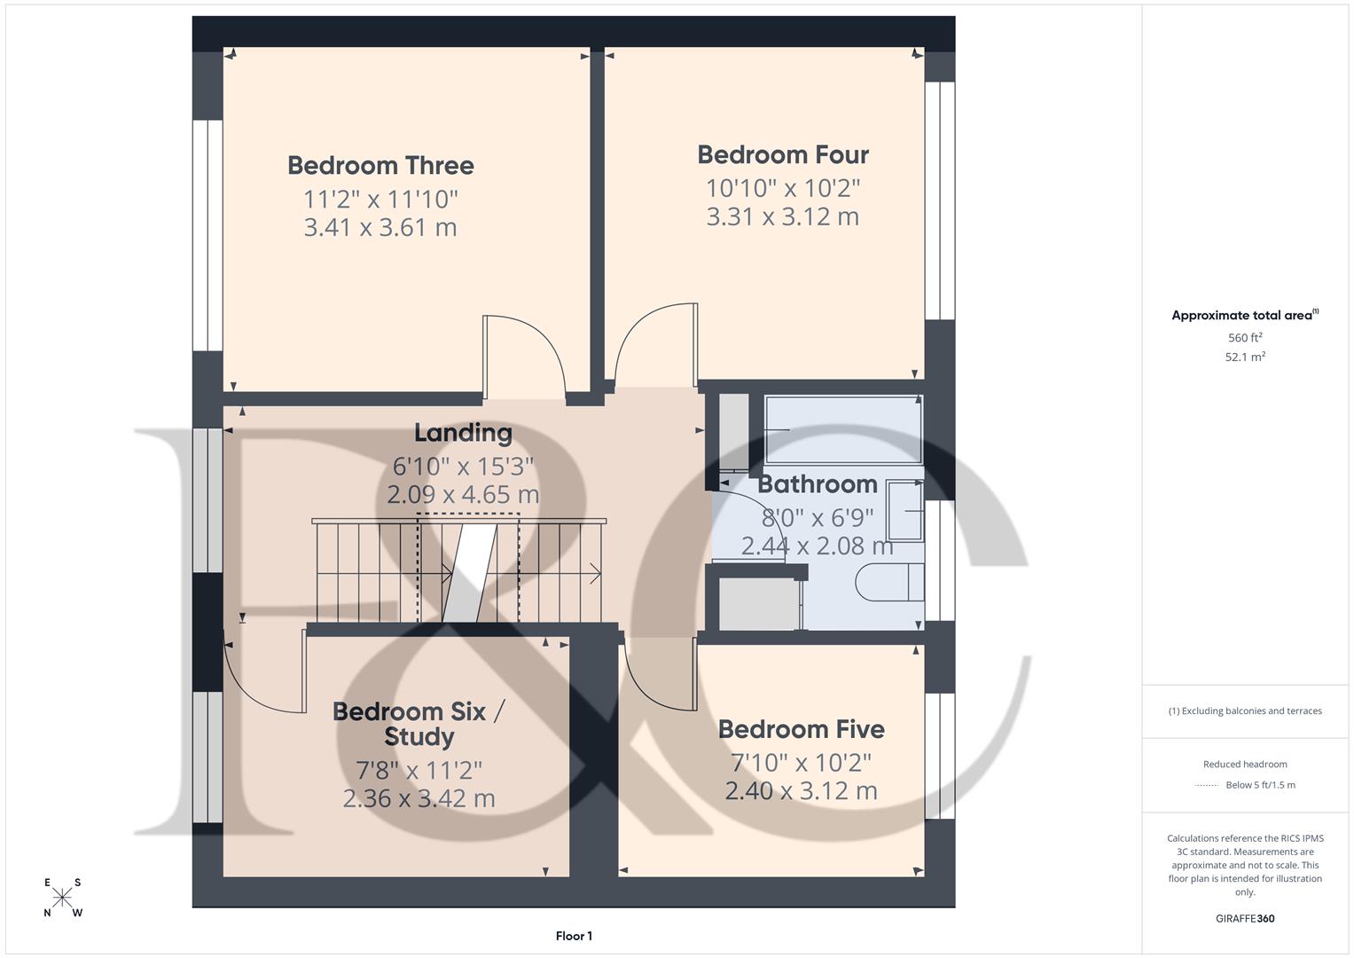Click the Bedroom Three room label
pyautogui.click(x=380, y=166)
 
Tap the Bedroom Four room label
pyautogui.click(x=783, y=155)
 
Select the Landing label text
pyautogui.click(x=463, y=433)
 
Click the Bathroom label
pyautogui.click(x=817, y=484)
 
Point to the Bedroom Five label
pyautogui.click(x=801, y=729)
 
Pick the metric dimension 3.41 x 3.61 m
pyautogui.click(x=380, y=228)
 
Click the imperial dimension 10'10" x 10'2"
pyautogui.click(x=783, y=188)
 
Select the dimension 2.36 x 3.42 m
pyautogui.click(x=419, y=798)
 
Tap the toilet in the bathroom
pyautogui.click(x=888, y=583)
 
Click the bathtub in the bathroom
pyautogui.click(x=842, y=429)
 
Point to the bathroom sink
pyautogui.click(x=905, y=510)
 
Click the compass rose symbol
pyautogui.click(x=62, y=898)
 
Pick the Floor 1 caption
pyautogui.click(x=574, y=936)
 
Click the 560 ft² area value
pyautogui.click(x=1245, y=338)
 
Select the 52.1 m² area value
pyautogui.click(x=1245, y=357)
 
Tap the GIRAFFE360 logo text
pyautogui.click(x=1245, y=919)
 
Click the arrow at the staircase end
pyautogui.click(x=594, y=574)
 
